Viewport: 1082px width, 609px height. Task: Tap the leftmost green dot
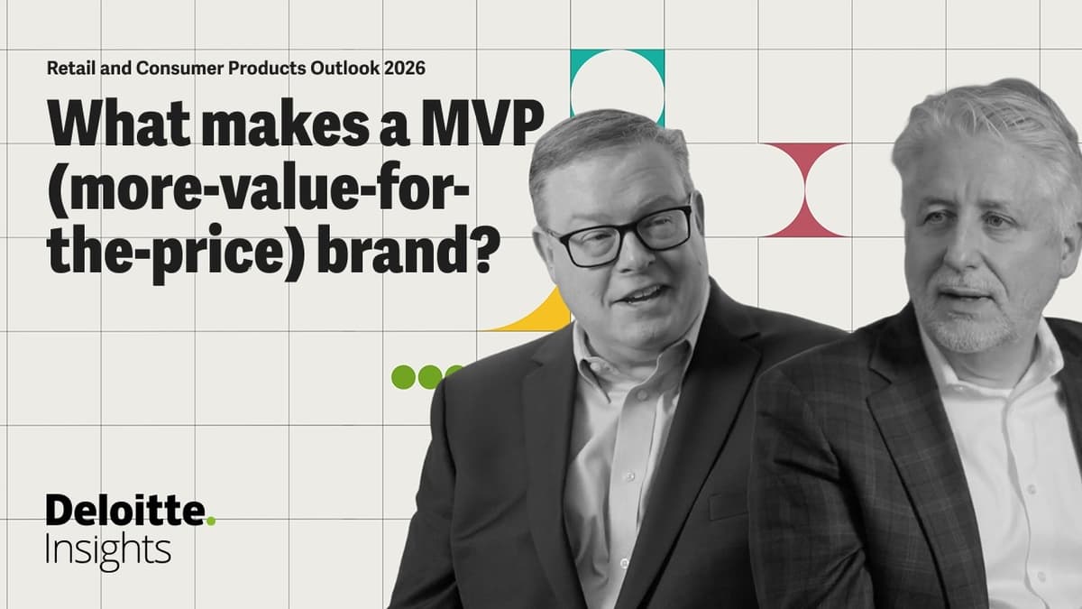coord(403,376)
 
